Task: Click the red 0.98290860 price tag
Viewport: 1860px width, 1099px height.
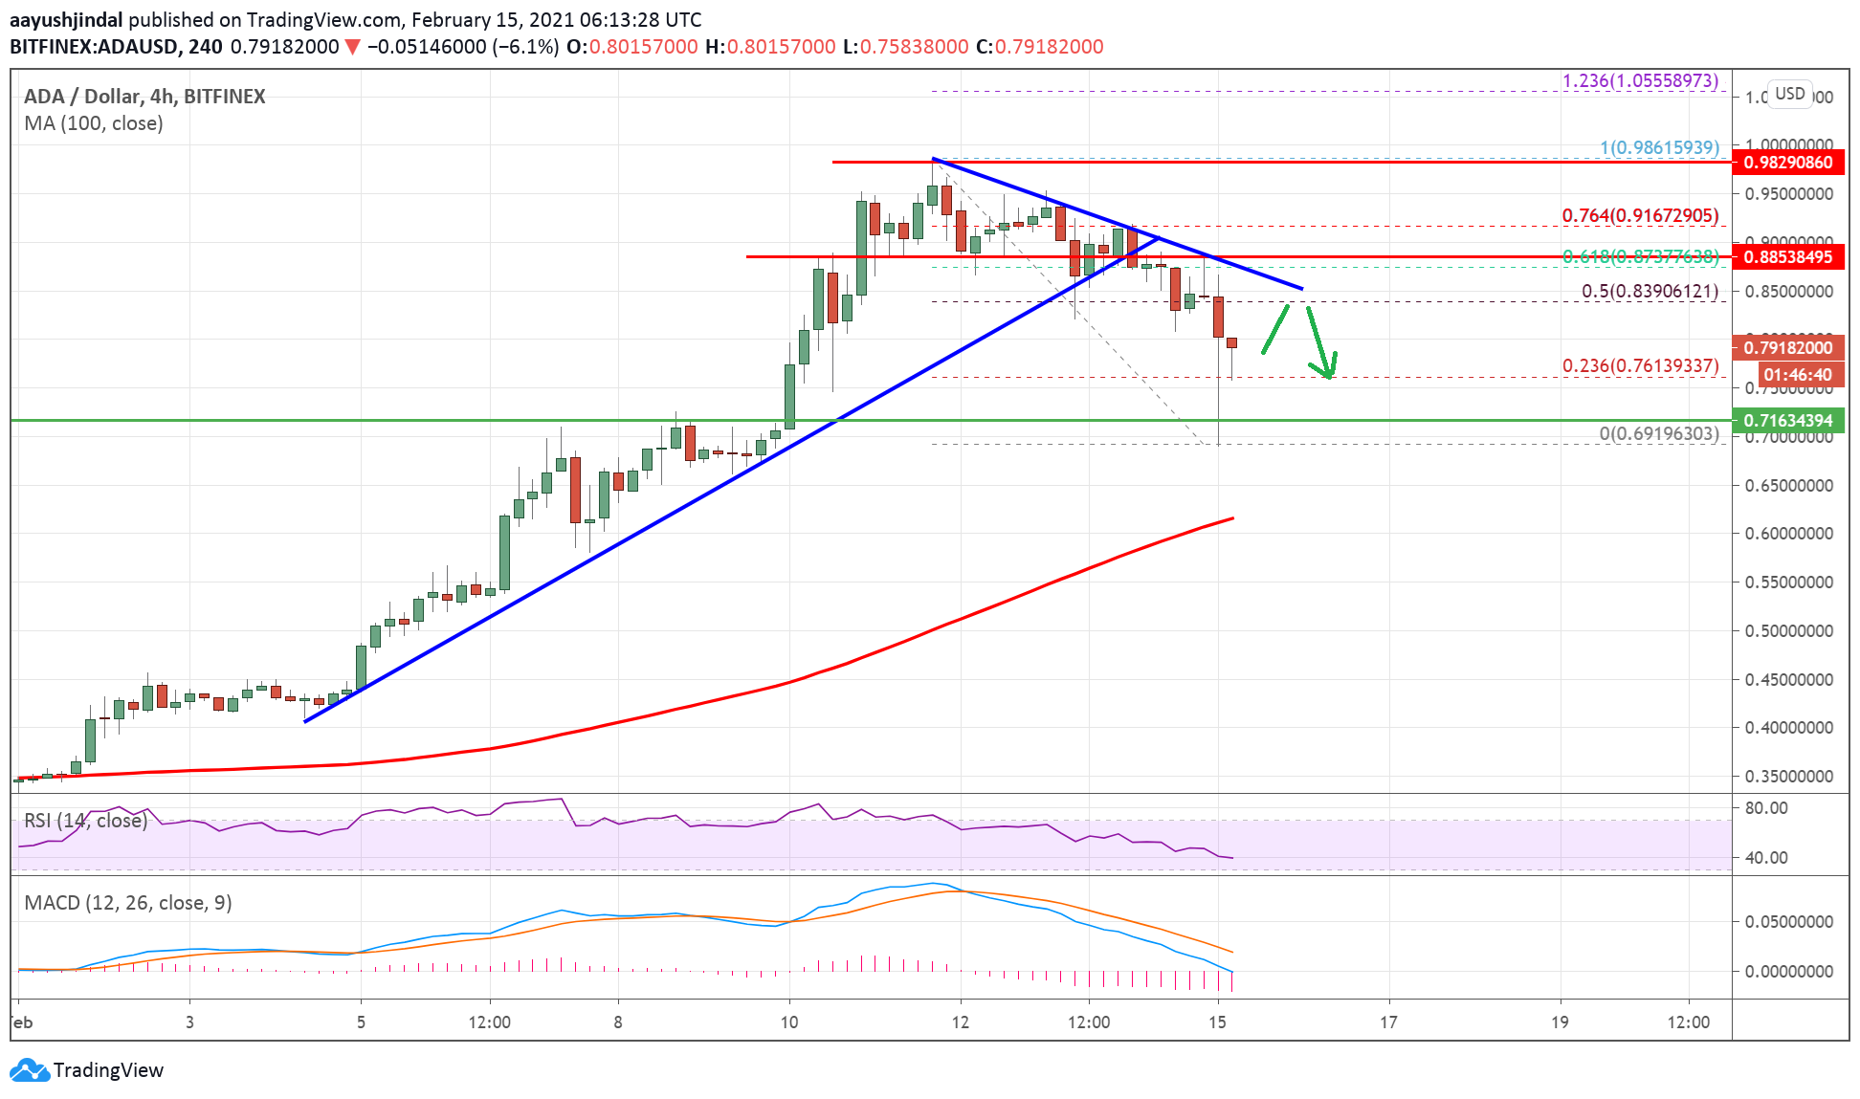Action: pyautogui.click(x=1787, y=163)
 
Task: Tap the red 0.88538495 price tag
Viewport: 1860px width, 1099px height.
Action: pyautogui.click(x=1787, y=257)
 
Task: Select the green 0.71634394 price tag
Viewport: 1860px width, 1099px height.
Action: pyautogui.click(x=1787, y=421)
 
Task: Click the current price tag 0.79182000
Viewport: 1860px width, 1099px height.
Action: pyautogui.click(x=1787, y=348)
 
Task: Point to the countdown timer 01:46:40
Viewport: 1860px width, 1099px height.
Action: pyautogui.click(x=1797, y=375)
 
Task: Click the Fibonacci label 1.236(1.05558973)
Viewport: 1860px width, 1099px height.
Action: pyautogui.click(x=1640, y=81)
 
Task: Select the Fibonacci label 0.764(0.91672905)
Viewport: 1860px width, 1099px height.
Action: pyautogui.click(x=1640, y=216)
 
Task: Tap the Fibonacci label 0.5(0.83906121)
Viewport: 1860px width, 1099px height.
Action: pyautogui.click(x=1650, y=291)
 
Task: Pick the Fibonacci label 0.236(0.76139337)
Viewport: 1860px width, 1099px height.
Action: pyautogui.click(x=1640, y=365)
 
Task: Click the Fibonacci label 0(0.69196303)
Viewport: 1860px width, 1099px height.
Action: pyautogui.click(x=1658, y=433)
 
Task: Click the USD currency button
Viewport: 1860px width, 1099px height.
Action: pyautogui.click(x=1789, y=94)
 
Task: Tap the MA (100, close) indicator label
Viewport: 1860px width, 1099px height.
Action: pyautogui.click(x=94, y=123)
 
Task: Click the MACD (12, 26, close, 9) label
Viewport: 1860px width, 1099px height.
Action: pyautogui.click(x=128, y=903)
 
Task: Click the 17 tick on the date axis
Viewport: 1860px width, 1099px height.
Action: pyautogui.click(x=1388, y=1022)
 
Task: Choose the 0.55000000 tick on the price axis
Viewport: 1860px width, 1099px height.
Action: pyautogui.click(x=1788, y=582)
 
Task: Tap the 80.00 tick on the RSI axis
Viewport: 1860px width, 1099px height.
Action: pyautogui.click(x=1766, y=808)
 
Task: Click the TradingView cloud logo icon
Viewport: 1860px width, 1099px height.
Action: pyautogui.click(x=29, y=1070)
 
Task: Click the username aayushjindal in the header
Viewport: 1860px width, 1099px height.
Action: pyautogui.click(x=66, y=20)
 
